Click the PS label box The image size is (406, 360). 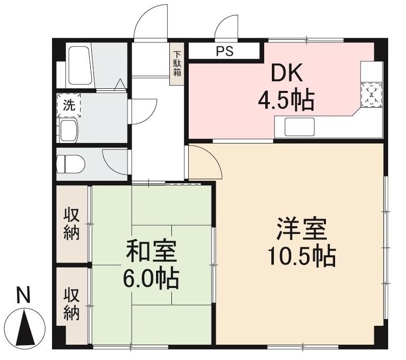click(224, 51)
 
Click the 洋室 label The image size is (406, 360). click(301, 229)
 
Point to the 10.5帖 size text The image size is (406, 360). click(301, 256)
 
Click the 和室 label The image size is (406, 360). click(151, 252)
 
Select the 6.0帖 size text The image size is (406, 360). click(151, 279)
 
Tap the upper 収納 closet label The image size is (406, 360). click(71, 223)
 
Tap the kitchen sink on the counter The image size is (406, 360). click(299, 126)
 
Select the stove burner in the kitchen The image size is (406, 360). click(371, 94)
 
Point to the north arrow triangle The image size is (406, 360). click(26, 329)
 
